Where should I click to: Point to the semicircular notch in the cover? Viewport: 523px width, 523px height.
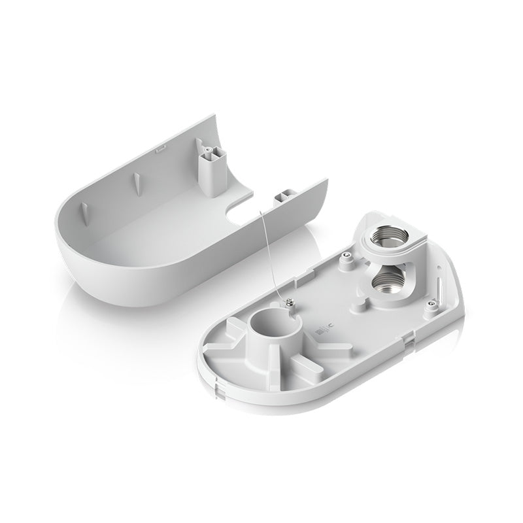(x=241, y=211)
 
